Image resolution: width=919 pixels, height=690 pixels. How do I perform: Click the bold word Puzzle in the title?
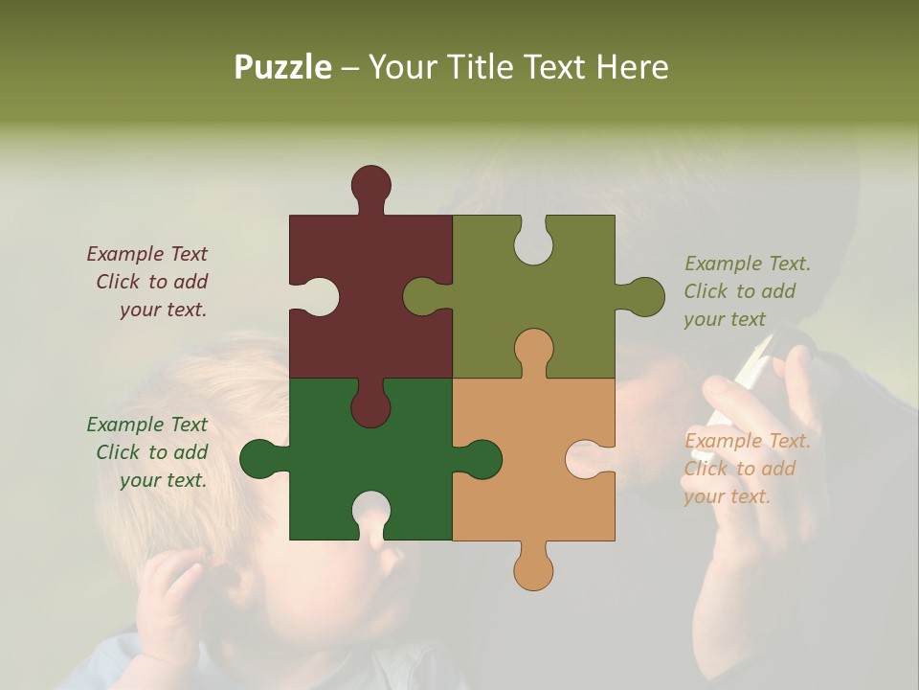[282, 67]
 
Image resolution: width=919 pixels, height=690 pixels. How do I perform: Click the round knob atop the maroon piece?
[370, 185]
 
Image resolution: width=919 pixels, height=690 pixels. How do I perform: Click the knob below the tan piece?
[533, 570]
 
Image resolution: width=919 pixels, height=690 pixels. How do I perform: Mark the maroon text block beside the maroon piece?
[148, 282]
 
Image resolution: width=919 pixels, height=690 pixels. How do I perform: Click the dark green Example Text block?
[148, 452]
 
